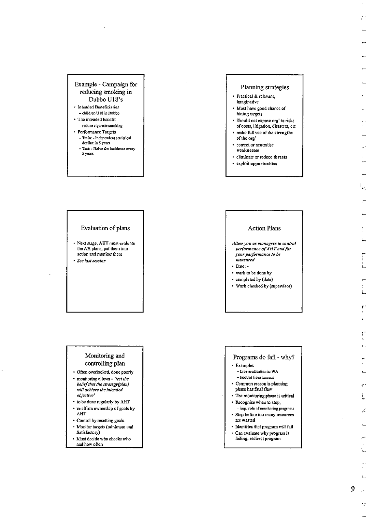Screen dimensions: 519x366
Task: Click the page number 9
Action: click(353, 489)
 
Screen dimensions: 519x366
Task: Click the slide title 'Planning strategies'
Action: click(264, 87)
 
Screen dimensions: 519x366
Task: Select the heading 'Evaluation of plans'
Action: click(105, 228)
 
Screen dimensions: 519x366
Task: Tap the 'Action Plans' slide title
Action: click(264, 228)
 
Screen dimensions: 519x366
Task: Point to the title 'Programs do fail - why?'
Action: click(264, 357)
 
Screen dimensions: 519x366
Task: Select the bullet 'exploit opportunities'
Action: click(257, 164)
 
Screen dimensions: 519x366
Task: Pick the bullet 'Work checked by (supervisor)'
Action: click(264, 286)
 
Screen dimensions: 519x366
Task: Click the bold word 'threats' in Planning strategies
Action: click(280, 157)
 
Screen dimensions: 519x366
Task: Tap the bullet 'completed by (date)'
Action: click(254, 279)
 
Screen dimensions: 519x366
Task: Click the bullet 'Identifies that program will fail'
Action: click(264, 426)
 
